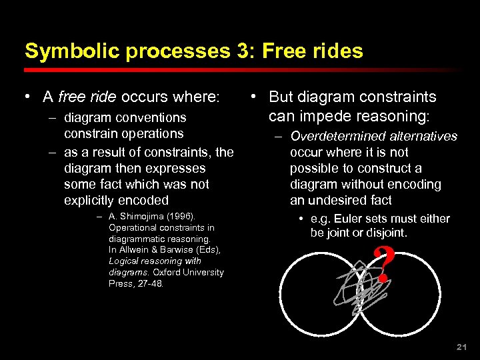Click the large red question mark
(383, 265)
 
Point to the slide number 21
(460, 347)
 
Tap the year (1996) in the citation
(182, 216)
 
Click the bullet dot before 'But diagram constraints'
(255, 97)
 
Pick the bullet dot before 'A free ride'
(28, 97)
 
